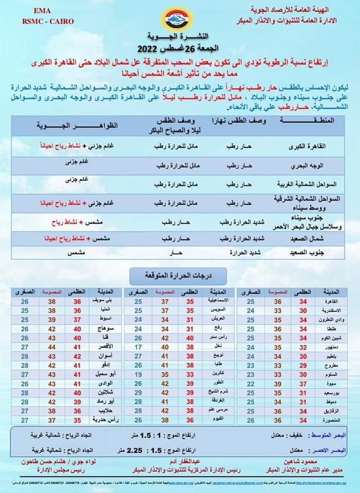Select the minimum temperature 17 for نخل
click(x=138, y=347)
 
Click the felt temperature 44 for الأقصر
click(x=51, y=347)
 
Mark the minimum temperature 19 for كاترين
click(x=138, y=374)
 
